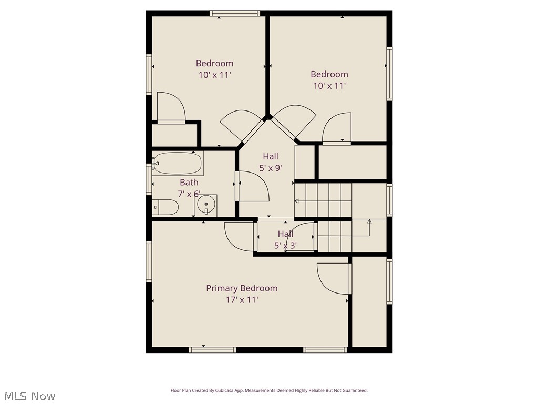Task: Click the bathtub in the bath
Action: (x=177, y=164)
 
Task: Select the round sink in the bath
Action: (x=206, y=204)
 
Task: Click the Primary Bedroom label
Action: (x=242, y=288)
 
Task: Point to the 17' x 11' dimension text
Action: (x=242, y=300)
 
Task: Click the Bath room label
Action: (x=189, y=183)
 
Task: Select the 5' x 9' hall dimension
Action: (x=271, y=168)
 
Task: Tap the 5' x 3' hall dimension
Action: (x=285, y=245)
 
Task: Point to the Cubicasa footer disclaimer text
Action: (x=269, y=390)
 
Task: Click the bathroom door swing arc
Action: (x=254, y=187)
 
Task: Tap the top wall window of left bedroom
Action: (x=234, y=13)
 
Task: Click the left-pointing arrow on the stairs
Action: (x=297, y=201)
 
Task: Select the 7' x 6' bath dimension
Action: (x=189, y=194)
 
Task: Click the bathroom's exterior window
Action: (x=149, y=179)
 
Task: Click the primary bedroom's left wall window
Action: (x=149, y=261)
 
